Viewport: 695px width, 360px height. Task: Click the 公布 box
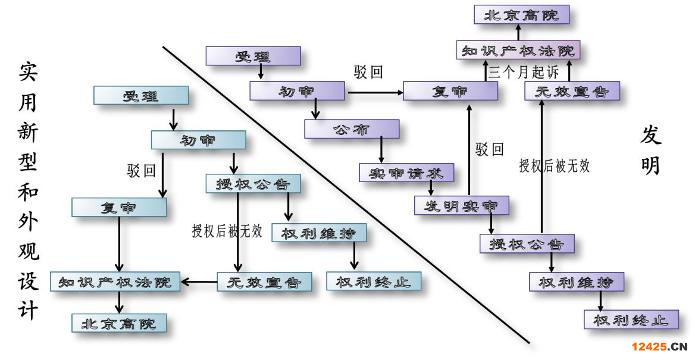pos(352,129)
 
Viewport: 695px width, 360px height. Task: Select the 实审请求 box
pos(406,173)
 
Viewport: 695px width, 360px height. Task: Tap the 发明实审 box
pos(462,206)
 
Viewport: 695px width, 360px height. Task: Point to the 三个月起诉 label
pos(524,73)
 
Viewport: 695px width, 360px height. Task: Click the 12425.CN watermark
pos(659,347)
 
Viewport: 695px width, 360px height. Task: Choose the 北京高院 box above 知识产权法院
pos(521,15)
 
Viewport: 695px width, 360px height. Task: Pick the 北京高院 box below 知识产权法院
pos(119,323)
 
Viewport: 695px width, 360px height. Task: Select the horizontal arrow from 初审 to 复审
pos(375,92)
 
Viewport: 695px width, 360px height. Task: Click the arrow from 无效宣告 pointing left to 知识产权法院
pos(199,281)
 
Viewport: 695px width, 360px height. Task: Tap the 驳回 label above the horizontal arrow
pos(368,73)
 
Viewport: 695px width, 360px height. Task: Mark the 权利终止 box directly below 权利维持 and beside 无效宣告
pos(374,281)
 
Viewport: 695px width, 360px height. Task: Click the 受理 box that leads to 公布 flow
pos(253,57)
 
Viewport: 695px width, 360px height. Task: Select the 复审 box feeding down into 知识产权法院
pos(119,207)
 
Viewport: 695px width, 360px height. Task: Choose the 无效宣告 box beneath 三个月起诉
pos(572,92)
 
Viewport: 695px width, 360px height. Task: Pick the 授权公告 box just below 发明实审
pos(527,243)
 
